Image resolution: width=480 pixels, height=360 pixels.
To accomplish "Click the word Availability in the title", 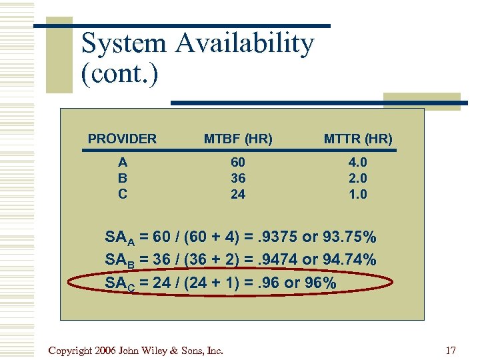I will click(245, 44).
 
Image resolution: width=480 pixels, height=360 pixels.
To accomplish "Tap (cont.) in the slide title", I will click(120, 74).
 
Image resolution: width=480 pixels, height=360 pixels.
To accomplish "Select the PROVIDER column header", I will click(122, 139).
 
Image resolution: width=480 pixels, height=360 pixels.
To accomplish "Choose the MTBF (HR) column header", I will click(238, 139).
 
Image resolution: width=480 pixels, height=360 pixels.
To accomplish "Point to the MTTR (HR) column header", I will click(358, 139).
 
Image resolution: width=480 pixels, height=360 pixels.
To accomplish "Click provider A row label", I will click(123, 162).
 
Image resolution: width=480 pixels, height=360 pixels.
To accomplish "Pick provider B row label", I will click(123, 178).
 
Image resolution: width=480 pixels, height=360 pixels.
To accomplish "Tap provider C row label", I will click(123, 194).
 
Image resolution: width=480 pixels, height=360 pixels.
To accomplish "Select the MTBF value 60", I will click(238, 162).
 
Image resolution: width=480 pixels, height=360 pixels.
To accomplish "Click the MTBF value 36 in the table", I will click(238, 178).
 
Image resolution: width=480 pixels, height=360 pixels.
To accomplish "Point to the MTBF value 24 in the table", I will click(238, 194).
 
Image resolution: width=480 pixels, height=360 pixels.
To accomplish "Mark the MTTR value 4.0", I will click(359, 162).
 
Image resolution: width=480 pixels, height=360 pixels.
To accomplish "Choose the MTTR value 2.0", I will click(359, 178).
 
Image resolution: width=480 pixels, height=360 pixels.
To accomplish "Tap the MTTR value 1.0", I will click(359, 194).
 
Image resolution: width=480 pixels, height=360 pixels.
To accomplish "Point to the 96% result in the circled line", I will click(320, 283).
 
